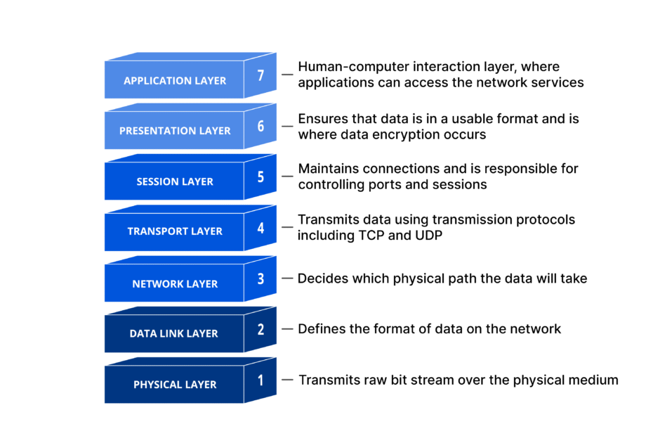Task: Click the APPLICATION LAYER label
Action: [x=175, y=81]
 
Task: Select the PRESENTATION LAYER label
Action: [x=175, y=131]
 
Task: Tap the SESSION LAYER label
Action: [x=175, y=181]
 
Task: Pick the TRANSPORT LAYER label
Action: [x=175, y=231]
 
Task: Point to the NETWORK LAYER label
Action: [x=175, y=284]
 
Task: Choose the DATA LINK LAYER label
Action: [x=173, y=334]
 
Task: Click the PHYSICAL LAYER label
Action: [x=175, y=385]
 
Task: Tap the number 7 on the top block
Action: [x=260, y=75]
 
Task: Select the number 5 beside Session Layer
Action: [x=260, y=176]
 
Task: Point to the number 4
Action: [x=260, y=227]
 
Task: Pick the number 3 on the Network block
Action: [x=260, y=278]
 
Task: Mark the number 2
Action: [x=260, y=328]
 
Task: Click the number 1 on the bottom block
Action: [x=260, y=380]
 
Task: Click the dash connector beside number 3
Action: [x=287, y=278]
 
